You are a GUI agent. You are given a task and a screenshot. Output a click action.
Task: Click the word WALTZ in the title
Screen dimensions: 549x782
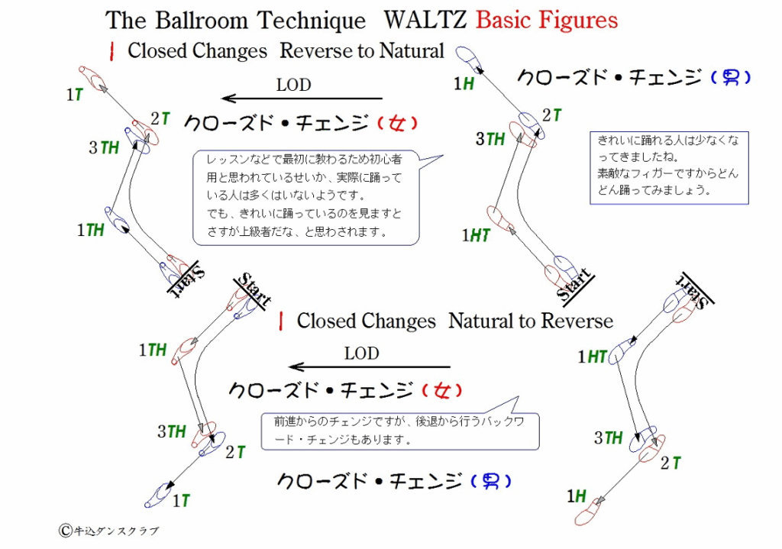[424, 19]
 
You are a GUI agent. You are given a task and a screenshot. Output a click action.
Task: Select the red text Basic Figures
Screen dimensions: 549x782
[547, 19]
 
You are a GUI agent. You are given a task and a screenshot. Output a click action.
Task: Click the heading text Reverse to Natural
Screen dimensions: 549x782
[361, 51]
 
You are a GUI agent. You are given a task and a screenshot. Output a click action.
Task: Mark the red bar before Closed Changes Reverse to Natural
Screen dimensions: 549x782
[112, 51]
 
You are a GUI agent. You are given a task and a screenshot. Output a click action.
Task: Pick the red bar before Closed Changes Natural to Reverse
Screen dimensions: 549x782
[282, 321]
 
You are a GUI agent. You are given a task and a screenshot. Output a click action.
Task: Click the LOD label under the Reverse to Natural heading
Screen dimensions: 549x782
[293, 85]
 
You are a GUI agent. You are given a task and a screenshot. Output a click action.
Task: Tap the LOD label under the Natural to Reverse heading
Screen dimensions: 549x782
[361, 354]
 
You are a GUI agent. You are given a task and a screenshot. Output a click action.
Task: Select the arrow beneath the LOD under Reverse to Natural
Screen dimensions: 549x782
[302, 98]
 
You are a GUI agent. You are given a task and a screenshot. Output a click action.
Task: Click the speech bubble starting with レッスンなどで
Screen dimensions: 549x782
[305, 197]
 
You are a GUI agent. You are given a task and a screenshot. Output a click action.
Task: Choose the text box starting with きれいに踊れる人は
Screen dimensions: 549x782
[668, 167]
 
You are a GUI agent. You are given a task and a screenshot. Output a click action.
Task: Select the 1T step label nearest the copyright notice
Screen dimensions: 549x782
[181, 501]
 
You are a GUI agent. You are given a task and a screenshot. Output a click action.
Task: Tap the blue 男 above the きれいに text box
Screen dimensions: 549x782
[731, 77]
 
